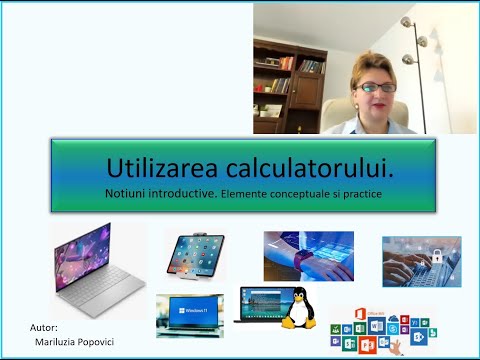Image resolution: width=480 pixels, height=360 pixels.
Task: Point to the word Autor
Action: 44,327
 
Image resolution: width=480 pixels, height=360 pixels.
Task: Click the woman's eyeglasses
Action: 376,87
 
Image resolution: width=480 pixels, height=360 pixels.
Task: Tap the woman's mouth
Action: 376,106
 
